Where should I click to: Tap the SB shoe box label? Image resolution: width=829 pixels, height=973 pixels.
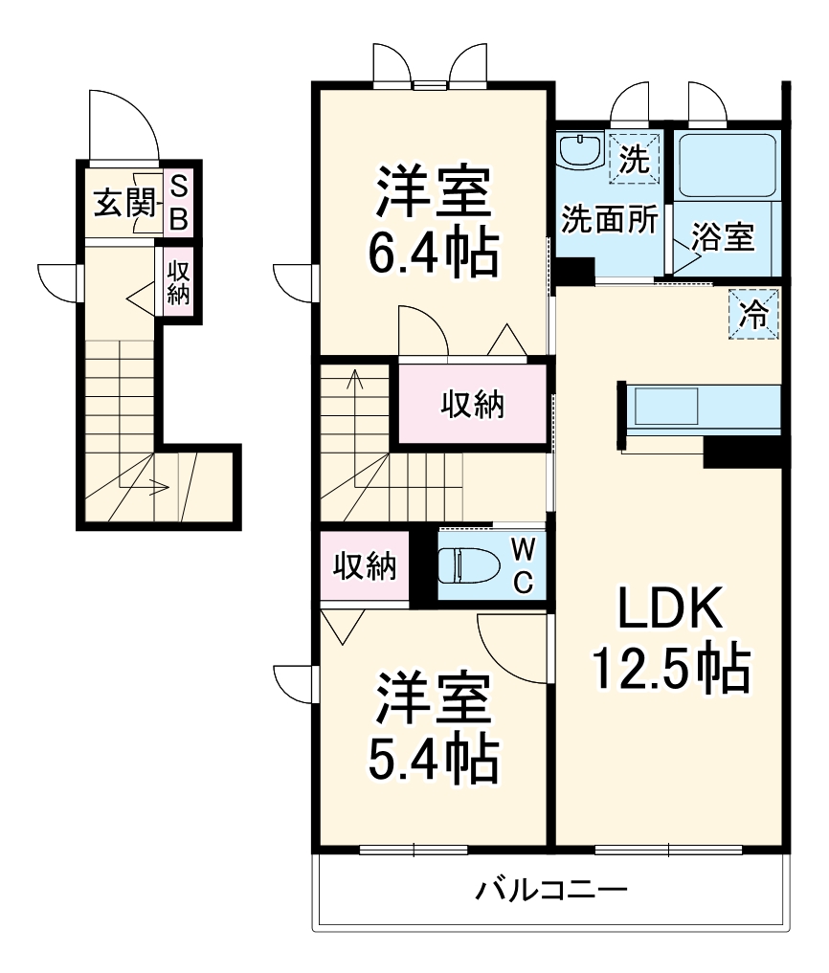178,203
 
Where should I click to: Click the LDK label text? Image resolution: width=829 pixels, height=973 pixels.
667,608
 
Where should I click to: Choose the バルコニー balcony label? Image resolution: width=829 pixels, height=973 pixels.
552,892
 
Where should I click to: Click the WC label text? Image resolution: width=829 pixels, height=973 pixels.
523,564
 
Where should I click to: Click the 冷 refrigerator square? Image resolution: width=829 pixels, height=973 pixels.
756,313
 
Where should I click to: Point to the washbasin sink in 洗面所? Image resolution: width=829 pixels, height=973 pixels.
579,151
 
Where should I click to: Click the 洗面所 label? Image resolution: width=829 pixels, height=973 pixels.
609,219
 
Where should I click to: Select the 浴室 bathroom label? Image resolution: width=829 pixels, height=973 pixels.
724,237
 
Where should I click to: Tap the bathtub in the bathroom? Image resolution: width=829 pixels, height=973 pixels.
726,165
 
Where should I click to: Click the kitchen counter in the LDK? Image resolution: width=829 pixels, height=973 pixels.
704,407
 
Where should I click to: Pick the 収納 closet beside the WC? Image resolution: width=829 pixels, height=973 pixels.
365,567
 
